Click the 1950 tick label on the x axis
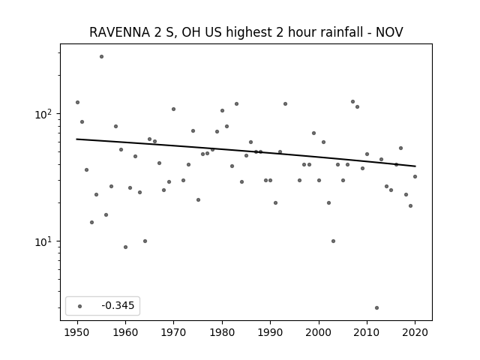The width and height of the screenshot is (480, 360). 77,332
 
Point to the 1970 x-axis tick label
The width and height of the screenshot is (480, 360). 173,332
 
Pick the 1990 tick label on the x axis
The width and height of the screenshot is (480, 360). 270,332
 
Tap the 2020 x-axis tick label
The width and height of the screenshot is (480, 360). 415,332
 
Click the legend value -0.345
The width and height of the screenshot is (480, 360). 118,305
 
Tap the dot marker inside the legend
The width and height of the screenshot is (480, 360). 80,306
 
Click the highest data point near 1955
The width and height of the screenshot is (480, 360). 102,57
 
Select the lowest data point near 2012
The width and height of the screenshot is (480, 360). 376,308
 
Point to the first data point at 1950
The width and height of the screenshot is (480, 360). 77,102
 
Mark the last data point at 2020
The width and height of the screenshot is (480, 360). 415,177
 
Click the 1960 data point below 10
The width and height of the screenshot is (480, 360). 125,247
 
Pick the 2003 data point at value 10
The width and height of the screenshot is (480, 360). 333,241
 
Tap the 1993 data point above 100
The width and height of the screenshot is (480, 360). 285,103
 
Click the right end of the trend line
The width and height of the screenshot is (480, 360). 415,166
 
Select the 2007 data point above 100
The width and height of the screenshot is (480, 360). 352,102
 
